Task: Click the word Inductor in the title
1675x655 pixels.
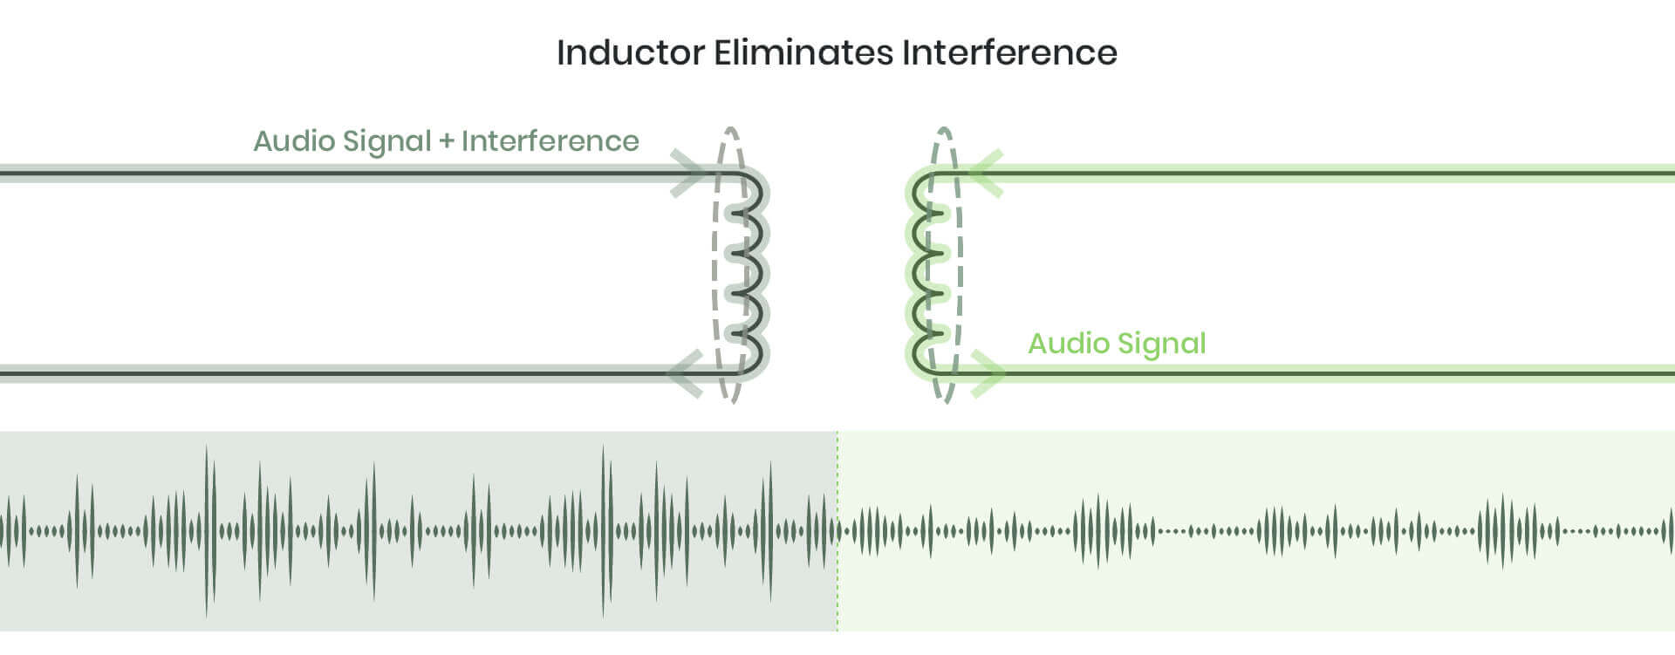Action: (630, 52)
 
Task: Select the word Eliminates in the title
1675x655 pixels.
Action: (803, 52)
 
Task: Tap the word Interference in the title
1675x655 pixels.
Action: (1009, 52)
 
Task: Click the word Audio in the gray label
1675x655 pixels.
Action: (294, 141)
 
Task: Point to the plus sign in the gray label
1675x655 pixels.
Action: (447, 141)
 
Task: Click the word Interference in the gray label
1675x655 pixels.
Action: (550, 141)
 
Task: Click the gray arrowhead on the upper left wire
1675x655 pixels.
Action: (689, 174)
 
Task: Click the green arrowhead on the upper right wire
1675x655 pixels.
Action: (986, 174)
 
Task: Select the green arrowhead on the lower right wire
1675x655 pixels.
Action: (988, 374)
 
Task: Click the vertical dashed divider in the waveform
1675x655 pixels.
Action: (837, 593)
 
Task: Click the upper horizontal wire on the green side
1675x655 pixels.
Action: (1309, 174)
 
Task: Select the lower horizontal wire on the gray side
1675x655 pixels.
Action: (349, 374)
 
